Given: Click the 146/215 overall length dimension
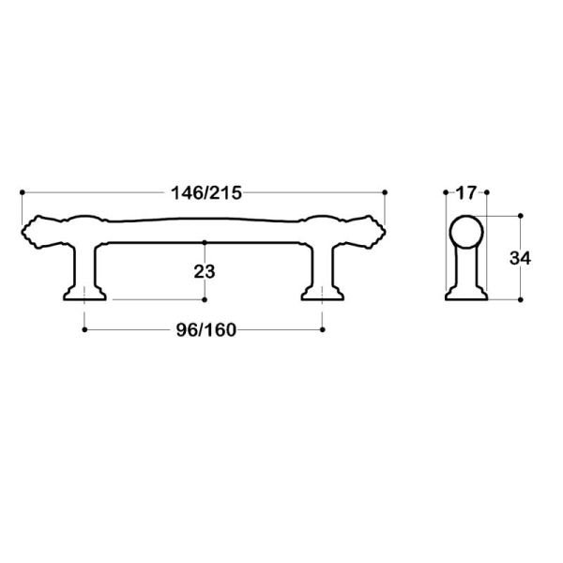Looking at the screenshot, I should [207, 193].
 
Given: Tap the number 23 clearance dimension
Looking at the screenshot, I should [205, 272].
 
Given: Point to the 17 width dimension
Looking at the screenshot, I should [465, 193].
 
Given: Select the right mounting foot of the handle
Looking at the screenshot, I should [322, 294].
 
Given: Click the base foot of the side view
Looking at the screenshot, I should [465, 295].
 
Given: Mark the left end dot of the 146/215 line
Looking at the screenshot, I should [21, 191].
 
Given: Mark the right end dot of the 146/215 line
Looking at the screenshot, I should [387, 191].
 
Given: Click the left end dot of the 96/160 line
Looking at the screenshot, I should [85, 329].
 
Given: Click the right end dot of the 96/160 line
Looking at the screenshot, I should [322, 329].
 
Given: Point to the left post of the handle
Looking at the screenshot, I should [85, 263].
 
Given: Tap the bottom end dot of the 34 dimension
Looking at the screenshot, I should [520, 300].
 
